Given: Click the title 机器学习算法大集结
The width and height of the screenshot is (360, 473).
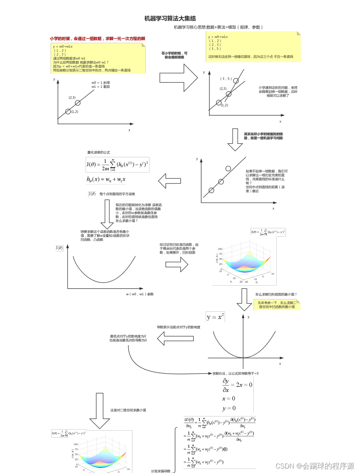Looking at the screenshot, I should pos(170,18).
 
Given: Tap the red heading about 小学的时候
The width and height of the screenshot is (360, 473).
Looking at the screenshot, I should pos(97,39).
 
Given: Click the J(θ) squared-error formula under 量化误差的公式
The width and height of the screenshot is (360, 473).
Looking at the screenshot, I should pos(117,164).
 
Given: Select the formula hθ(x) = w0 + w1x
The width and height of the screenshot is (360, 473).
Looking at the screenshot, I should pos(106,179).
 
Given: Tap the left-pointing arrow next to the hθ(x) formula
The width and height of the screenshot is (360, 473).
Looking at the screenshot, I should pos(170,181).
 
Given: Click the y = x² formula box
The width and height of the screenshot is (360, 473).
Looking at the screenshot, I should pos(215,317).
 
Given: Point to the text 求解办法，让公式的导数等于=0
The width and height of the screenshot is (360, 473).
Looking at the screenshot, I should pos(235,373).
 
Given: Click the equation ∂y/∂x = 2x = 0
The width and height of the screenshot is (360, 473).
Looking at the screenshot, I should pos(237,385).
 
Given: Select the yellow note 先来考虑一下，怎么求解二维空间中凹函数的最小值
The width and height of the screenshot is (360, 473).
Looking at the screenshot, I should pos(277,305).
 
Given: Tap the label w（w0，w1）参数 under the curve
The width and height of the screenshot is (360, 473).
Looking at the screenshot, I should pos(139,294).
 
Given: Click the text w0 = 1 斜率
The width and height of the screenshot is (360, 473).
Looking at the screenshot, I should pos(101,83).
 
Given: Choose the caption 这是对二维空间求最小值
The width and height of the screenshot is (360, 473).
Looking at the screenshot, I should pos(128,410).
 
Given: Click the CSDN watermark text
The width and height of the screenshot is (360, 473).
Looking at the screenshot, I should pos(315,466).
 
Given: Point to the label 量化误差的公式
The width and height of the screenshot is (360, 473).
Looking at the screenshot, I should pos(99,152).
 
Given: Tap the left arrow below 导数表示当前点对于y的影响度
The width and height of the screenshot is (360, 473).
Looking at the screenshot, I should pos(176,338).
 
